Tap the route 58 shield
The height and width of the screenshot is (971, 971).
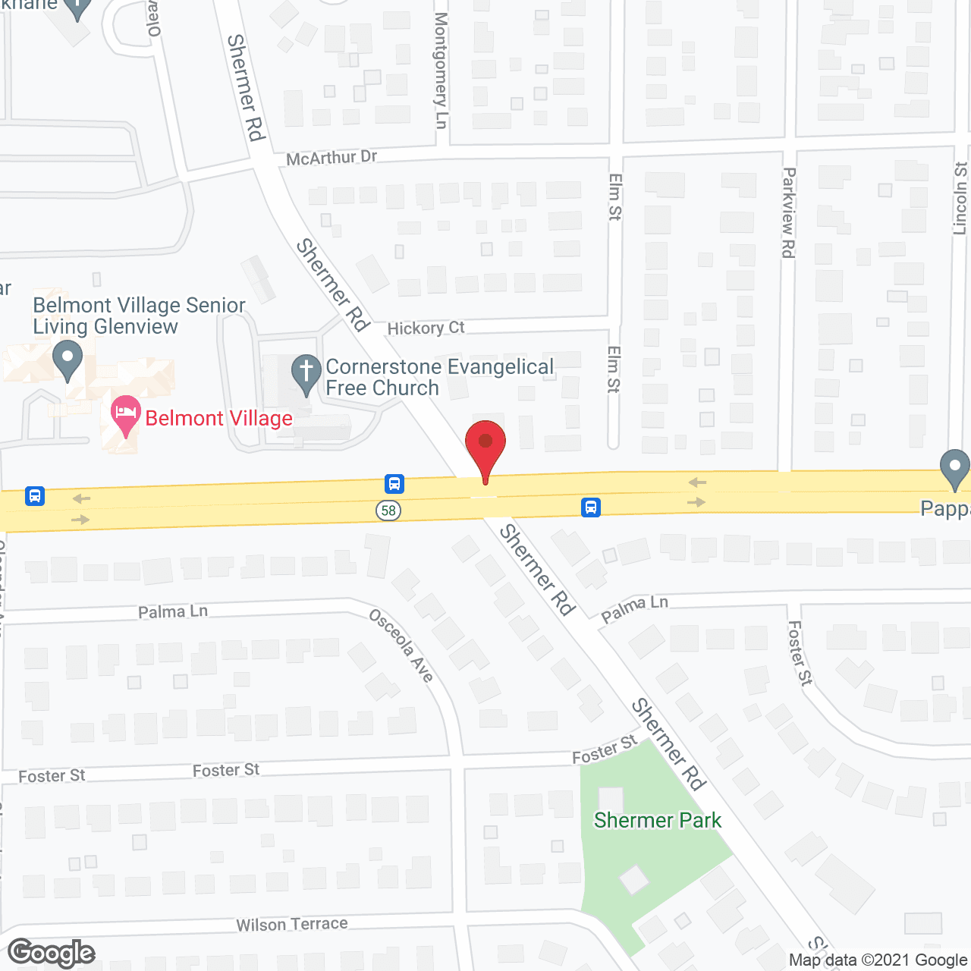pyautogui.click(x=388, y=510)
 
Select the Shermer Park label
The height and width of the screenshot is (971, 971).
pyautogui.click(x=657, y=820)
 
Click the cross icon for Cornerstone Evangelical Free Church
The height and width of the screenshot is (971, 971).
pyautogui.click(x=306, y=372)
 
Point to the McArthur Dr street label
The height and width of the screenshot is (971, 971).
pyautogui.click(x=332, y=158)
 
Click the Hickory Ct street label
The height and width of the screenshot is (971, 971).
pyautogui.click(x=426, y=328)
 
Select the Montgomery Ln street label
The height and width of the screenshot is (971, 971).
pyautogui.click(x=442, y=71)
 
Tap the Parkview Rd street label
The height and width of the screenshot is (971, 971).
pyautogui.click(x=789, y=212)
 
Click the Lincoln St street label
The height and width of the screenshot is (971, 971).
pyautogui.click(x=960, y=198)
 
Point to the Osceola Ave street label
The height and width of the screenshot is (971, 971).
pyautogui.click(x=401, y=645)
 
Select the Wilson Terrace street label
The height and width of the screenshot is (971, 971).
pyautogui.click(x=292, y=924)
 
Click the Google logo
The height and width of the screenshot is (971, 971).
pyautogui.click(x=51, y=953)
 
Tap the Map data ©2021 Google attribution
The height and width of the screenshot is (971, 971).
pyautogui.click(x=878, y=960)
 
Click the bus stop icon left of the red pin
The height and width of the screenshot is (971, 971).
pyautogui.click(x=394, y=483)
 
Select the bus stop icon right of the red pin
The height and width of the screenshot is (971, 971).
pyautogui.click(x=591, y=507)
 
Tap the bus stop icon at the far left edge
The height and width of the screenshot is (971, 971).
pyautogui.click(x=35, y=496)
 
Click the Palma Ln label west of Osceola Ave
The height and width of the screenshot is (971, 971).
pyautogui.click(x=173, y=611)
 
